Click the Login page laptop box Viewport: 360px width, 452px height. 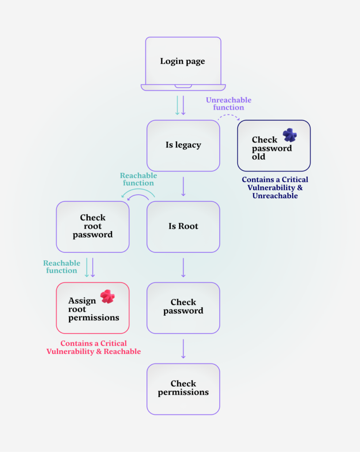coord(183,61)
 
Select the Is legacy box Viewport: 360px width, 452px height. coord(183,145)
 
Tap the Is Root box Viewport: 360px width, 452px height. coord(183,226)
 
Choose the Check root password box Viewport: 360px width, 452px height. coord(92,226)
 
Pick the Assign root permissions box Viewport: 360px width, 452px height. coord(92,308)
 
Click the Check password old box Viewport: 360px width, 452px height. coord(273,146)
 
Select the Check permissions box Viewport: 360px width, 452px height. coord(183,389)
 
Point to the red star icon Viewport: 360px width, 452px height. coord(107,296)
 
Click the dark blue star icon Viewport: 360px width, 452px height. coord(290,135)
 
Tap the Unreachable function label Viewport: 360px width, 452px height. coord(228,104)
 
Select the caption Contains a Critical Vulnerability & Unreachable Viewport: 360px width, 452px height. coord(275,188)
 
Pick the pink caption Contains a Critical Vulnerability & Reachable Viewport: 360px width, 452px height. coord(94,347)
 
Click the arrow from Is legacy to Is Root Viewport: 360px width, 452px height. coord(183,186)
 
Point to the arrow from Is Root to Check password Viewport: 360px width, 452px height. coord(183,267)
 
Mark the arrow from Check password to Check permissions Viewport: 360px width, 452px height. coord(183,349)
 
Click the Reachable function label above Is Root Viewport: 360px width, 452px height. coord(138,179)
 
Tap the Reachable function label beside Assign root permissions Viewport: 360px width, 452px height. coord(61,267)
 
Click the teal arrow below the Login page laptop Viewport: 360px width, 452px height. coord(177,105)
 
